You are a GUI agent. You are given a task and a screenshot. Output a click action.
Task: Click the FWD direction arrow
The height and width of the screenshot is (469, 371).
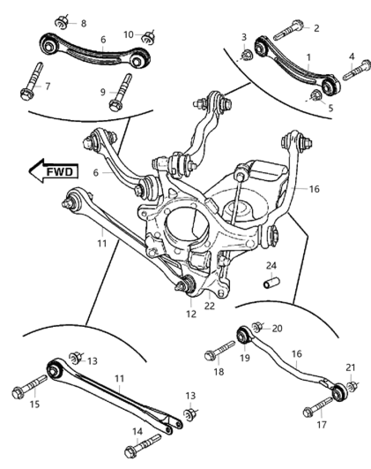[52, 171]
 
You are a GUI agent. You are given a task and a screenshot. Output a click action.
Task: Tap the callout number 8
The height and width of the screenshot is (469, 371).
[83, 23]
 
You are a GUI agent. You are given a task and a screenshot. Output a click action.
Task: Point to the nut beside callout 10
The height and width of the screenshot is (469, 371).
[149, 35]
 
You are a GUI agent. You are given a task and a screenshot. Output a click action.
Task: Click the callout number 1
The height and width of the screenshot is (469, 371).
[309, 57]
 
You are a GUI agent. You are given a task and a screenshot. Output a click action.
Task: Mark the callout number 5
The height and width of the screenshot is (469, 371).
[331, 108]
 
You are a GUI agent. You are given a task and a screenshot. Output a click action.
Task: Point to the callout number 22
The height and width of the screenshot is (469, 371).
[209, 306]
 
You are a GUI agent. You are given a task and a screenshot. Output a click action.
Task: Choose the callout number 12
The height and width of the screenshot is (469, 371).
[191, 314]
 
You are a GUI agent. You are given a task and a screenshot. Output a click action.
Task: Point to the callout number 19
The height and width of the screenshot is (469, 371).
[245, 358]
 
